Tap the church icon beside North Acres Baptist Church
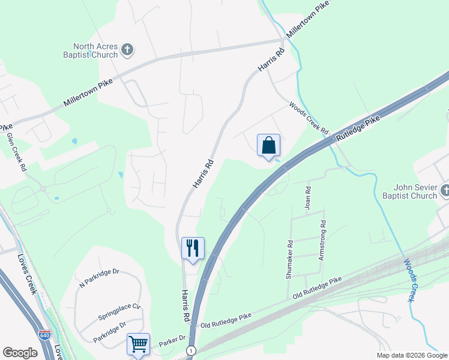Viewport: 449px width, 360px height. point(127,50)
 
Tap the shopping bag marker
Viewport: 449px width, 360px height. point(268,146)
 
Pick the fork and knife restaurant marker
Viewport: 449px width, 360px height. point(193,248)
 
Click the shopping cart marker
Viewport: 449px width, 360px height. point(138,345)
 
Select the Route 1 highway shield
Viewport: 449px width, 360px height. point(191,350)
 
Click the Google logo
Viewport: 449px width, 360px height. point(20,353)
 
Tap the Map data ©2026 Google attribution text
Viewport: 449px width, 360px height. point(411,355)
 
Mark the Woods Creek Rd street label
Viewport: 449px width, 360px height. point(309,118)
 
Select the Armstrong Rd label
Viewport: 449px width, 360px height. point(322,233)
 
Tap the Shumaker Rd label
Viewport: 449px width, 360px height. point(289,260)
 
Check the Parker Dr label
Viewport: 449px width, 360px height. point(173,343)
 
